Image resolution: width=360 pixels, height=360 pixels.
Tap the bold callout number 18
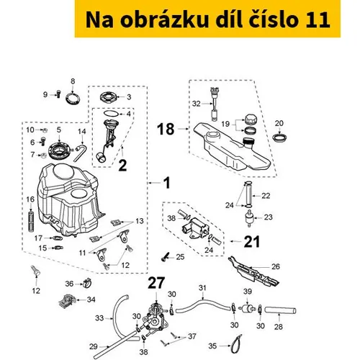(x=166, y=129)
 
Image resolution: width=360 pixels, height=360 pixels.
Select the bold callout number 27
(x=156, y=283)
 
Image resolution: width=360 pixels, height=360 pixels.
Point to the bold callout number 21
(x=252, y=241)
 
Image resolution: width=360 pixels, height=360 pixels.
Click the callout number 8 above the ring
(x=73, y=81)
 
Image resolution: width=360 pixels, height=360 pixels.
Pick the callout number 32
(x=196, y=104)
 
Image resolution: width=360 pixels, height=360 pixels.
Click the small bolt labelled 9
(x=58, y=94)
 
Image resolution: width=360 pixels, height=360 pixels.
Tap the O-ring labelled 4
(x=111, y=113)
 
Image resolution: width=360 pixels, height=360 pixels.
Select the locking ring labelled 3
(x=109, y=97)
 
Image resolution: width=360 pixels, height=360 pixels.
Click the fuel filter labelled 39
(x=247, y=308)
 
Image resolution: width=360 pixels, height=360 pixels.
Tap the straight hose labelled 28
(x=280, y=310)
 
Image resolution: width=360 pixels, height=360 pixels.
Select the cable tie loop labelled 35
(x=236, y=344)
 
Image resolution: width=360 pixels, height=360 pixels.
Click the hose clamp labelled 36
(x=88, y=283)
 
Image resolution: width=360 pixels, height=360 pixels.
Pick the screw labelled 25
(x=166, y=257)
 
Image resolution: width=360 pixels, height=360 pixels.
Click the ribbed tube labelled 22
(x=248, y=194)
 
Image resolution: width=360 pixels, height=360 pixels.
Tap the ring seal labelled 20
(x=280, y=138)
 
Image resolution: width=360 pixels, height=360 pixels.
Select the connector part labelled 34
(x=68, y=301)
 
